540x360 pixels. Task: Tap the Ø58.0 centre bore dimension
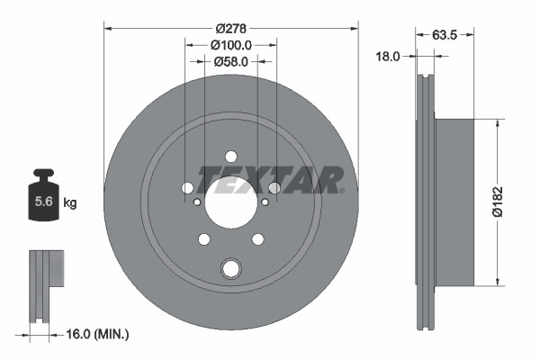pyautogui.click(x=231, y=61)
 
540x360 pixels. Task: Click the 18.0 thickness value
pyautogui.click(x=387, y=56)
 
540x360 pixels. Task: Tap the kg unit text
pyautogui.click(x=69, y=203)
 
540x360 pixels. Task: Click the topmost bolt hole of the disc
pyautogui.click(x=231, y=155)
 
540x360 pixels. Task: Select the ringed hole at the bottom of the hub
pyautogui.click(x=231, y=267)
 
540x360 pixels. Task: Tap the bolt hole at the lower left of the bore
pyautogui.click(x=204, y=238)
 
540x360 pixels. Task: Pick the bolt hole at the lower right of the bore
pyautogui.click(x=258, y=238)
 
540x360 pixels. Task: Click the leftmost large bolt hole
pyautogui.click(x=187, y=188)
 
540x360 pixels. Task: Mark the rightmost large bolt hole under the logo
pyautogui.click(x=274, y=188)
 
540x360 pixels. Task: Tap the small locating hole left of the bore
pyautogui.click(x=197, y=202)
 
